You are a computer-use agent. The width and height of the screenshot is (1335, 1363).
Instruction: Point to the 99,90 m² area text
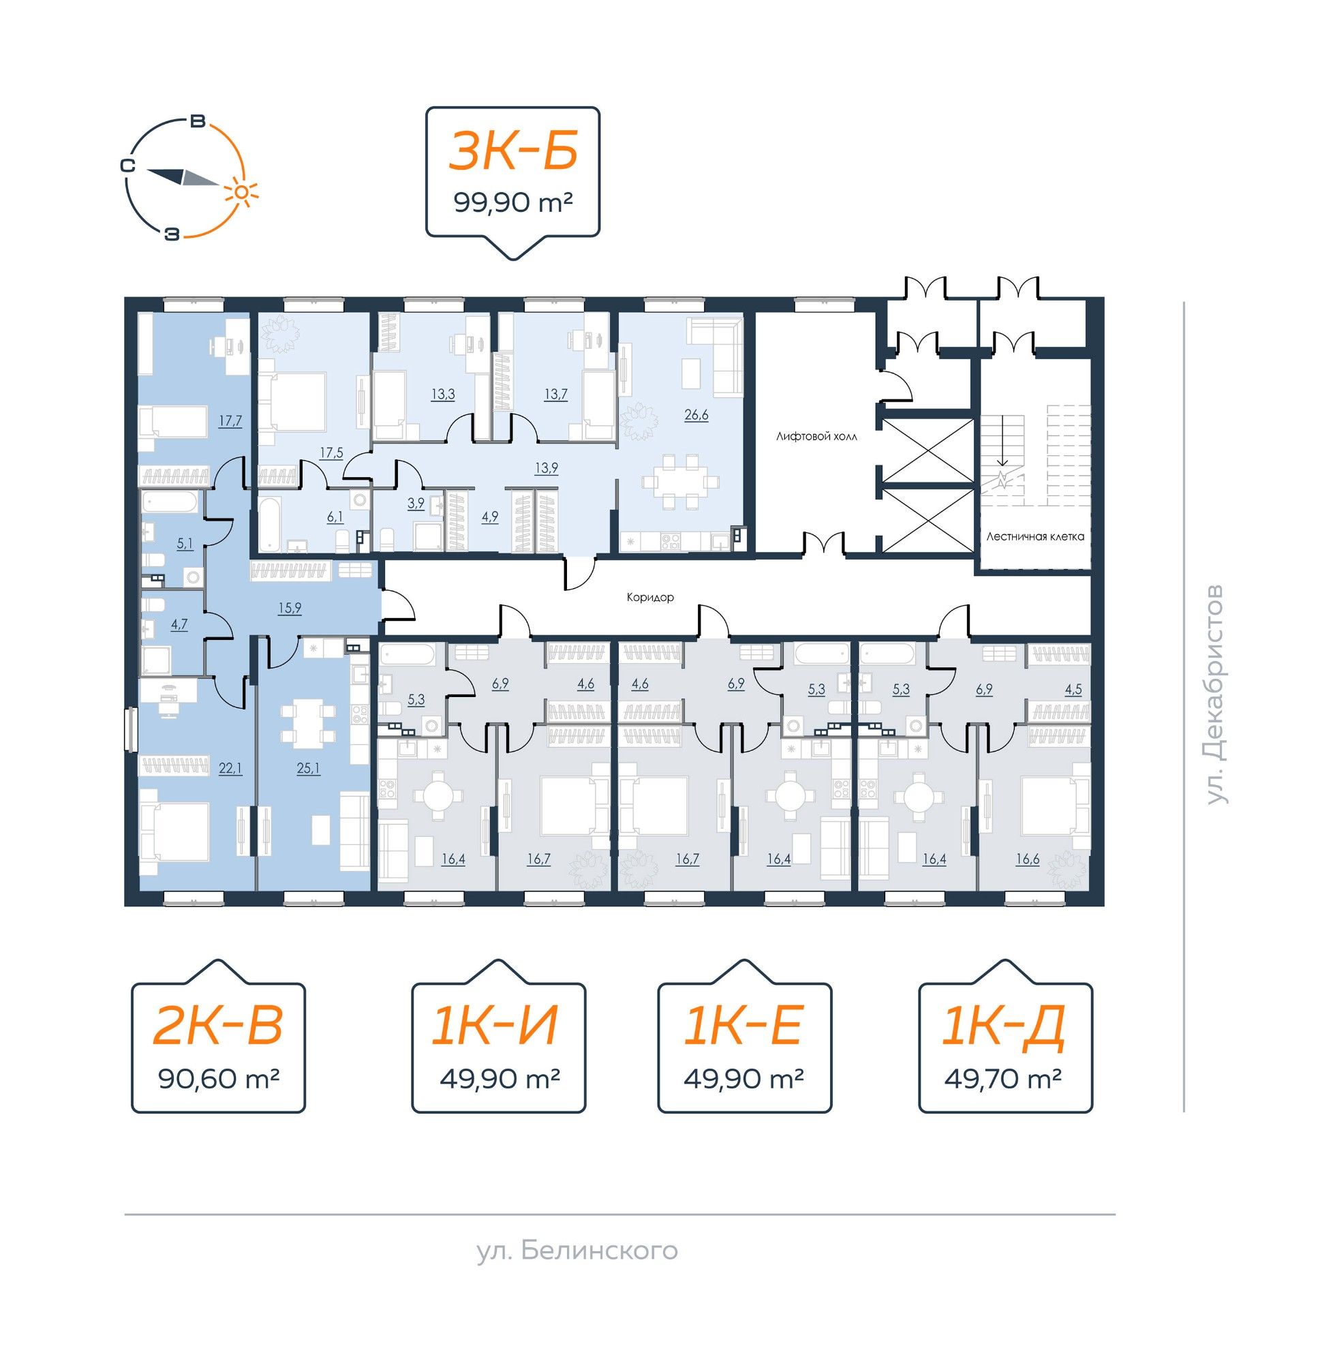click(513, 203)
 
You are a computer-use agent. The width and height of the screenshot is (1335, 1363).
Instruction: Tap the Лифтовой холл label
click(817, 436)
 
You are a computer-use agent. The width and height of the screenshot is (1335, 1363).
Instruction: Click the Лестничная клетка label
click(1035, 536)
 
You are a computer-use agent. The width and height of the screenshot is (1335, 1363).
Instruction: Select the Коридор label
click(651, 598)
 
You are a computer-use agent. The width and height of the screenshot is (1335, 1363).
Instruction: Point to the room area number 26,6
click(696, 414)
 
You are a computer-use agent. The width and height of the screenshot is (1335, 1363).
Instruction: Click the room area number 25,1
click(308, 768)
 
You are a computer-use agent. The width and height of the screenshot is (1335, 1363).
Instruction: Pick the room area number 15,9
click(289, 608)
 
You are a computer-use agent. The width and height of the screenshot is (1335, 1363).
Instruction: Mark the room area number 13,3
click(442, 394)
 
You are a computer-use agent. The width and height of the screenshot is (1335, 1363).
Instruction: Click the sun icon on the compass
click(241, 192)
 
